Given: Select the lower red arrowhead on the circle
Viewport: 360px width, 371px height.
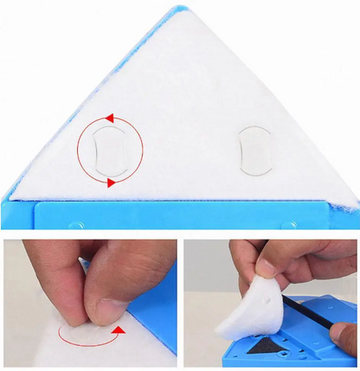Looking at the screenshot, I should pyautogui.click(x=111, y=183).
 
